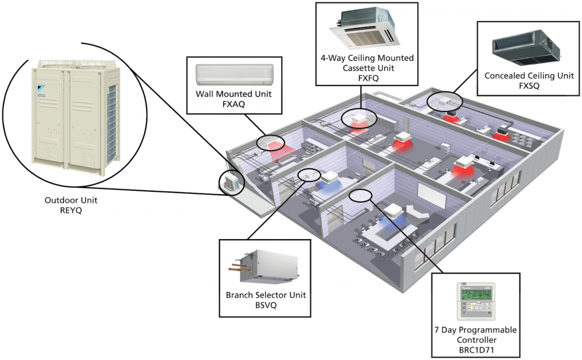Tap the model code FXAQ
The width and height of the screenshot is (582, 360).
(x=233, y=105)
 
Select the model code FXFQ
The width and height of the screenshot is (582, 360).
(x=367, y=77)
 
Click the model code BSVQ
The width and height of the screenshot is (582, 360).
(x=265, y=305)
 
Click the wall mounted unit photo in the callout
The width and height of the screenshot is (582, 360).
(x=233, y=73)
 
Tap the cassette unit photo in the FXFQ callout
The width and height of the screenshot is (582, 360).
(x=366, y=28)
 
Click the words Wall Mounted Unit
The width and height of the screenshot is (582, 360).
(x=234, y=94)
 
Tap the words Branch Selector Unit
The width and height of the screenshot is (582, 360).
(x=266, y=295)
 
